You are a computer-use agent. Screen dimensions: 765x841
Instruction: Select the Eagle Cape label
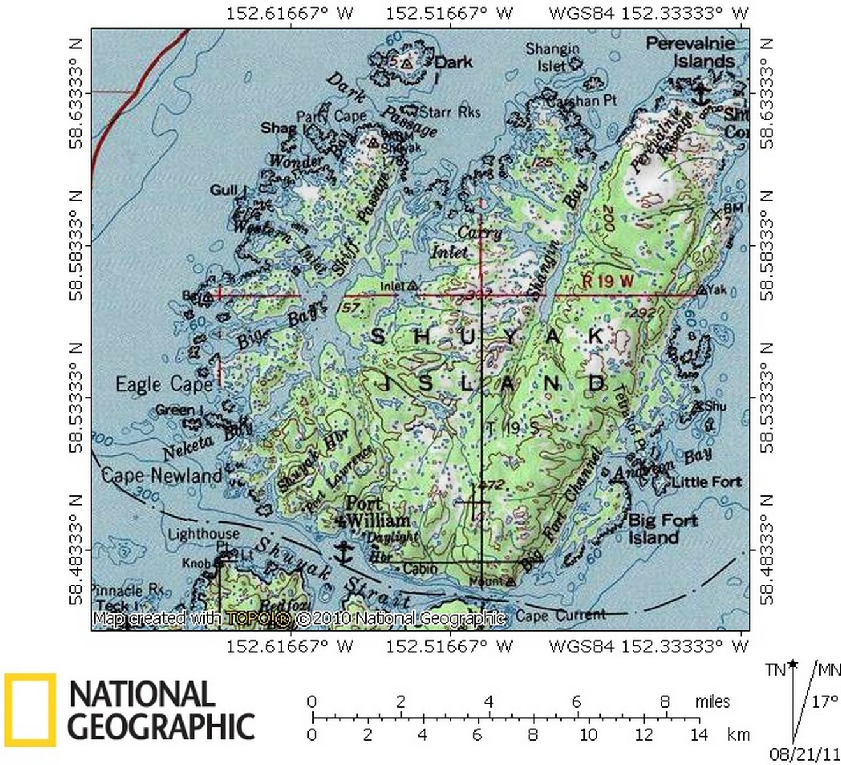point(163,384)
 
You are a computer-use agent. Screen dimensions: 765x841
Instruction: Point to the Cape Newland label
point(162,475)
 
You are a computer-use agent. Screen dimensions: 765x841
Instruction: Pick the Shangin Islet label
point(552,57)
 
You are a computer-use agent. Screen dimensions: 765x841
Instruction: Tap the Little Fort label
point(706,482)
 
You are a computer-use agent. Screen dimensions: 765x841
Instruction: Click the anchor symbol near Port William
point(344,552)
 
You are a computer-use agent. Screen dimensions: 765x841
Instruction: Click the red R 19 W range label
point(608,280)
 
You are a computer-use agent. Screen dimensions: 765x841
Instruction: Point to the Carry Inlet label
point(465,242)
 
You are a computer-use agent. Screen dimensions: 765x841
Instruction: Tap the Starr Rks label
point(450,112)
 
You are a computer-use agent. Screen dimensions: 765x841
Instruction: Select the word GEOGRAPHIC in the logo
point(161,727)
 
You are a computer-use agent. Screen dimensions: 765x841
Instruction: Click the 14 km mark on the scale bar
point(699,734)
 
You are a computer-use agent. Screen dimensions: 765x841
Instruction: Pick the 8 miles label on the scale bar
point(665,701)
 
